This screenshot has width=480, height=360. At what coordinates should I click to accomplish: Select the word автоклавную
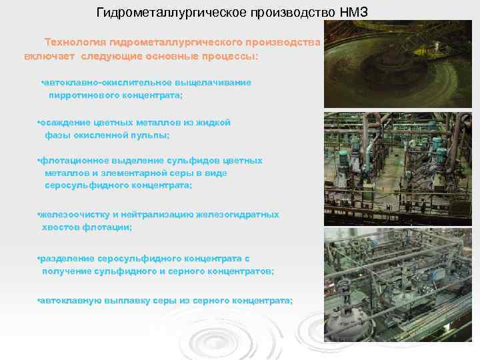[70, 301]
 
